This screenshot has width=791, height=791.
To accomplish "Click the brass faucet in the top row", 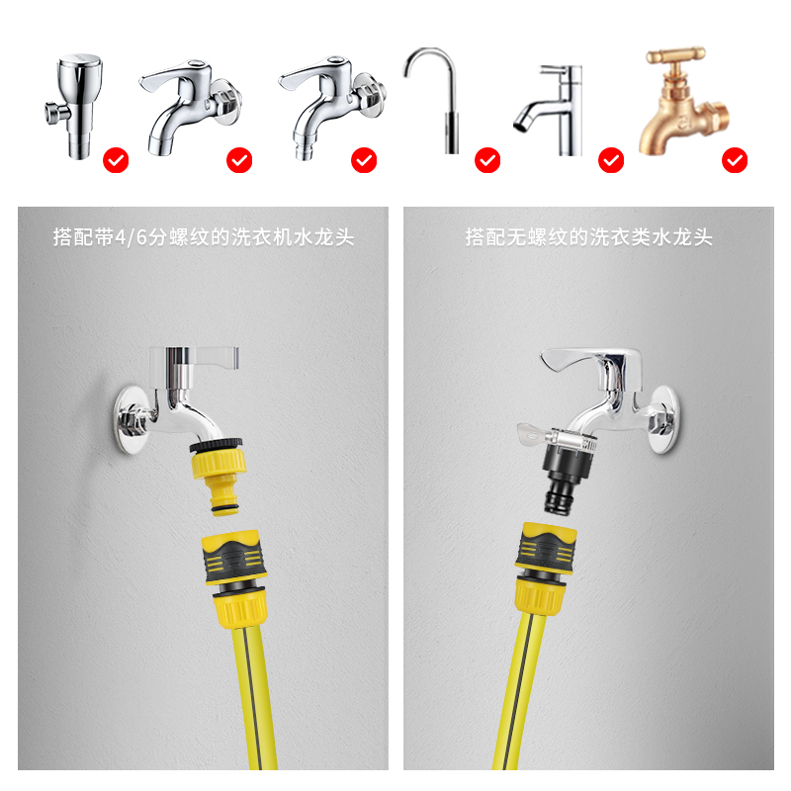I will pyautogui.click(x=682, y=104).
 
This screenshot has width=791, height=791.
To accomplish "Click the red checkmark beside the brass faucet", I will pyautogui.click(x=735, y=159).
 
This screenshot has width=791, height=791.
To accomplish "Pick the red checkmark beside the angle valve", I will pyautogui.click(x=117, y=159).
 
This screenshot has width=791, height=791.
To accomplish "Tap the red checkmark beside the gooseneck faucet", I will pyautogui.click(x=487, y=159).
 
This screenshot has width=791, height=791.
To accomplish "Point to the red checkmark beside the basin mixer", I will pyautogui.click(x=611, y=159).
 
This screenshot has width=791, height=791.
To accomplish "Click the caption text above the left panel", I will pyautogui.click(x=203, y=237).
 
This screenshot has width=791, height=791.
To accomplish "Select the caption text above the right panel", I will pyautogui.click(x=588, y=237).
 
